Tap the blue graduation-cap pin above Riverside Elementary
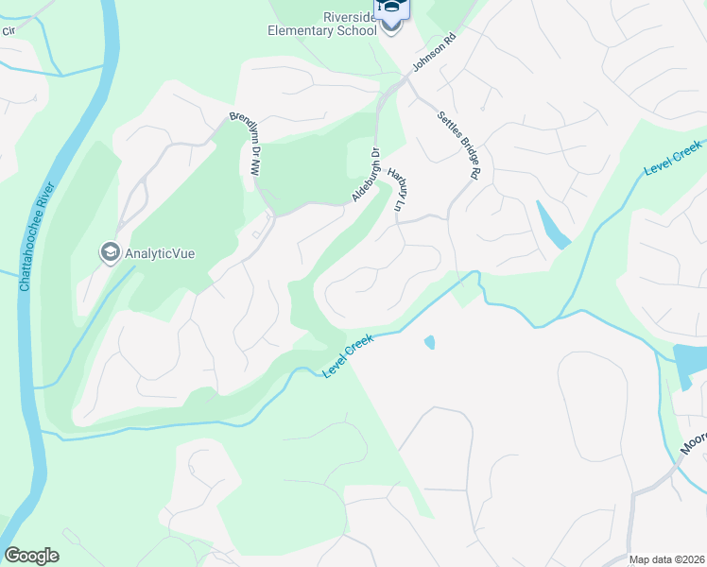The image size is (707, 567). pyautogui.click(x=392, y=8)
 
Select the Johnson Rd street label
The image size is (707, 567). pyautogui.click(x=434, y=54)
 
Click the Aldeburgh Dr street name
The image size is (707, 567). pyautogui.click(x=366, y=175)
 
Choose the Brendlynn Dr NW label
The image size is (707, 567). pyautogui.click(x=244, y=144)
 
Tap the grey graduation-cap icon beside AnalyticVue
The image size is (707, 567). pyautogui.click(x=110, y=253)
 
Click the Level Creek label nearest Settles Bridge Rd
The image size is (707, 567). pyautogui.click(x=673, y=156)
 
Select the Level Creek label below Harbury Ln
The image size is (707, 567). pyautogui.click(x=349, y=356)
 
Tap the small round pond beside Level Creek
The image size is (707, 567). pyautogui.click(x=430, y=342)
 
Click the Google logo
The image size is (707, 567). pyautogui.click(x=31, y=556)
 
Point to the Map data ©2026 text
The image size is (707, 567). pyautogui.click(x=667, y=559)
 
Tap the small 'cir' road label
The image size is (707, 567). pyautogui.click(x=9, y=29)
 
